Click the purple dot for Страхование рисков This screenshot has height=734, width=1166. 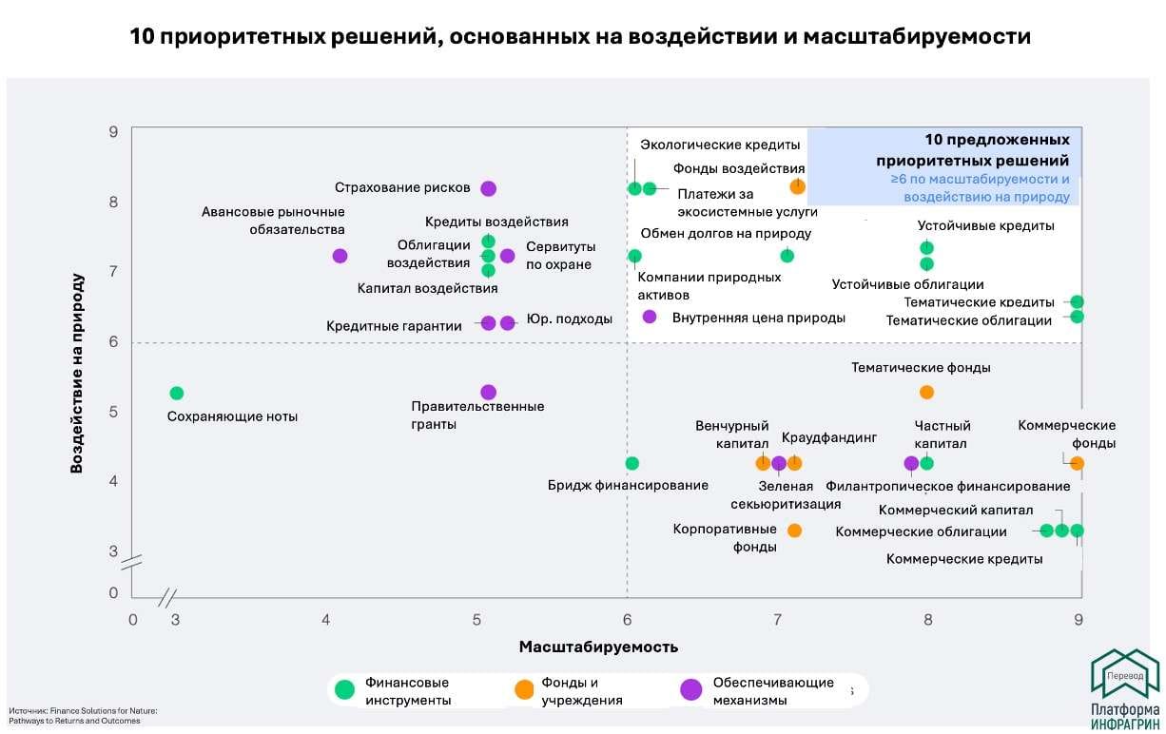point(488,188)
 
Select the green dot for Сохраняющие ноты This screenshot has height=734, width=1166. point(176,393)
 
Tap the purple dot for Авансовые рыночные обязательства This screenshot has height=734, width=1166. point(340,256)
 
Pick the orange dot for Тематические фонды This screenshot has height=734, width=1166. point(926,392)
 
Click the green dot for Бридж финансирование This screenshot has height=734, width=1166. point(632,463)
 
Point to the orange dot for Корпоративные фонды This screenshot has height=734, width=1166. point(794,530)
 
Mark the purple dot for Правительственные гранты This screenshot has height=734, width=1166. point(488,392)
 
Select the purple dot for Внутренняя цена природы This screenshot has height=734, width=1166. point(650,317)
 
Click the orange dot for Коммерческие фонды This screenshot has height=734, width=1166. point(1077,463)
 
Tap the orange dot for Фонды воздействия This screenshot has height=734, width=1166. point(797,186)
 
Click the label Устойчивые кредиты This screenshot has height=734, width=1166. point(985,226)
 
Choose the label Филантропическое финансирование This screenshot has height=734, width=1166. point(947,486)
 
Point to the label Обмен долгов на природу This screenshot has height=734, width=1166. point(725,234)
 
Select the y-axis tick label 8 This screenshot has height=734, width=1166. point(112,202)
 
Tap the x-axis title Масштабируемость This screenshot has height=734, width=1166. point(598,647)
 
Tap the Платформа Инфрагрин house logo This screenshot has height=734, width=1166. point(1124,675)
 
